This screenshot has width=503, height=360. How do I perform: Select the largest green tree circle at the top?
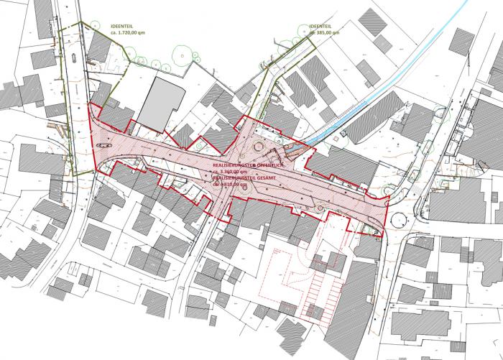185,52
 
